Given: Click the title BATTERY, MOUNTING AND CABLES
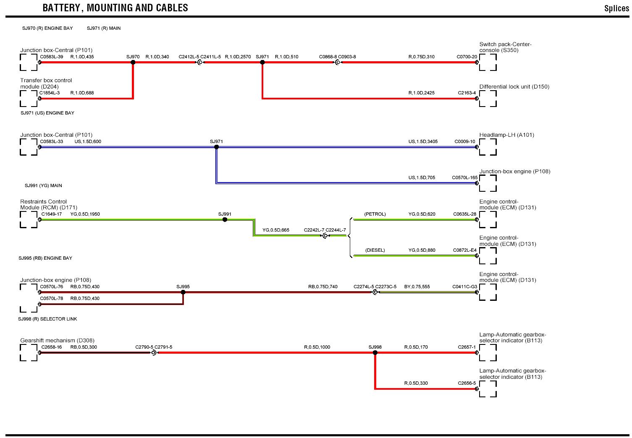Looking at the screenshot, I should click(x=115, y=8).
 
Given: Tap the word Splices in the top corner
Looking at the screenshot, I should click(x=616, y=8).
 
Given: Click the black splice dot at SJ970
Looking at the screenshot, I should click(x=133, y=63).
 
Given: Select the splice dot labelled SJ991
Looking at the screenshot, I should click(x=225, y=219).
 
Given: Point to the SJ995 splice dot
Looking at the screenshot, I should click(x=183, y=292).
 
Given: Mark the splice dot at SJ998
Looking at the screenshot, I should click(x=375, y=353).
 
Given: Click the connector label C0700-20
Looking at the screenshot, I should click(x=467, y=57).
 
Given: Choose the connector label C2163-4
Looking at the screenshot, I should click(x=467, y=93).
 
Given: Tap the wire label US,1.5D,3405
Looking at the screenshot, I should click(x=423, y=141).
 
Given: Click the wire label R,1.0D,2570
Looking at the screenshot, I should click(x=238, y=57).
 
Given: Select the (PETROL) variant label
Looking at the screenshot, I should click(x=375, y=214).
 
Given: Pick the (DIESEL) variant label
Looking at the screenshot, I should click(x=375, y=250).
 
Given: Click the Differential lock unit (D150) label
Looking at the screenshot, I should click(x=514, y=87).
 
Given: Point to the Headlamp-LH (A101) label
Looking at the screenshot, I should click(x=506, y=135).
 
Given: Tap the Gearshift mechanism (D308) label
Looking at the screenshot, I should click(x=57, y=341).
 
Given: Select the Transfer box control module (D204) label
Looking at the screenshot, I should click(x=46, y=83).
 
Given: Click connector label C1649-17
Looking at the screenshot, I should click(x=51, y=214).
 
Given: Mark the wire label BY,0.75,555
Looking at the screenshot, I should click(x=417, y=287).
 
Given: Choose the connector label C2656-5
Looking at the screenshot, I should click(x=467, y=383).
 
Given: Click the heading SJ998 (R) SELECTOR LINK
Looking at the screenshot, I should click(x=47, y=319).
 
